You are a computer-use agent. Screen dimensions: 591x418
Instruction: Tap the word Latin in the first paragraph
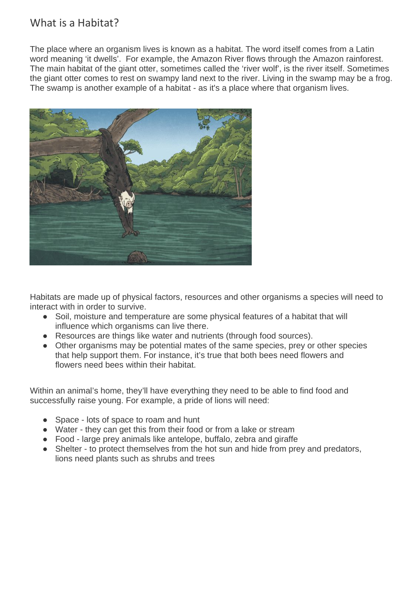(365, 49)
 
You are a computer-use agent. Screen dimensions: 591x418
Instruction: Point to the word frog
(383, 78)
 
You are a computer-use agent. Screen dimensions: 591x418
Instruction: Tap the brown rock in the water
(138, 257)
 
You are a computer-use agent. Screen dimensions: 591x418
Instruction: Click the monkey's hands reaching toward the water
(130, 233)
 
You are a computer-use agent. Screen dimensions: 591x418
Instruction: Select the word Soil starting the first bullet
(62, 317)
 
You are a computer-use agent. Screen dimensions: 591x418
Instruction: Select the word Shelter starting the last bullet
(68, 449)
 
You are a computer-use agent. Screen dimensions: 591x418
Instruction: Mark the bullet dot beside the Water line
(45, 430)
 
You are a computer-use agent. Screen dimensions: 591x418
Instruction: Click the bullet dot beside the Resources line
(45, 336)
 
